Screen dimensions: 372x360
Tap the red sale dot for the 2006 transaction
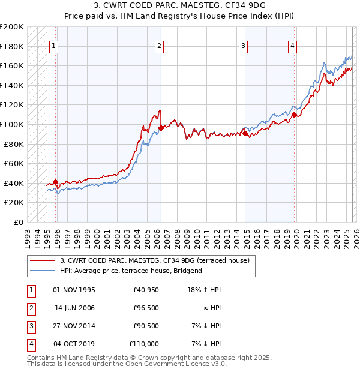coord(161,127)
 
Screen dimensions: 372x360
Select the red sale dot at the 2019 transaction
coord(294,114)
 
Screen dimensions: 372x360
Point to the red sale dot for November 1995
coord(55,182)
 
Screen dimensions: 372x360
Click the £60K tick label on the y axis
coord(14,163)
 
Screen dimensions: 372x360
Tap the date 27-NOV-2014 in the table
coord(74,326)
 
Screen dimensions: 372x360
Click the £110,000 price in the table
coord(144,344)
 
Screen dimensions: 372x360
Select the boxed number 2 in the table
coord(30,309)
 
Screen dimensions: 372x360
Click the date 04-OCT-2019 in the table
coord(74,344)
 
